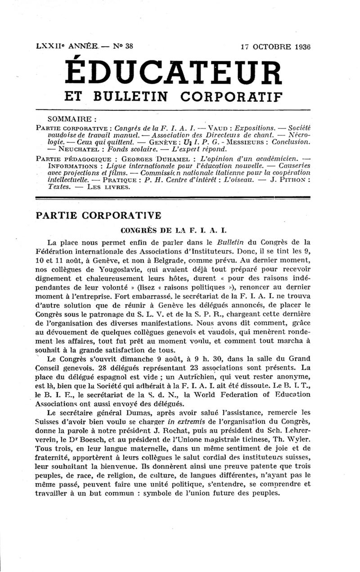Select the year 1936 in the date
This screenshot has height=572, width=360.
tap(300, 46)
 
